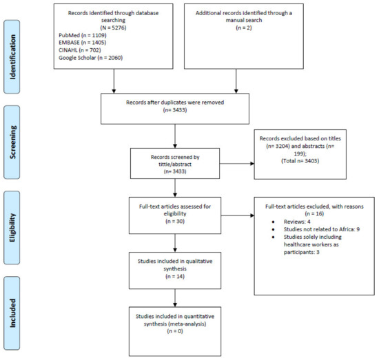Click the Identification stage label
click(12, 57)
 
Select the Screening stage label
click(12, 142)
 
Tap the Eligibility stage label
click(12, 228)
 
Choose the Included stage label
click(12, 313)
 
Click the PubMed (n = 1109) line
click(83, 35)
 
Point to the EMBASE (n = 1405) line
click(83, 43)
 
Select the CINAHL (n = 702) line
click(80, 50)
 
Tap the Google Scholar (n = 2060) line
click(91, 58)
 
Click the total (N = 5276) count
click(114, 28)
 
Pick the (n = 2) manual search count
click(244, 28)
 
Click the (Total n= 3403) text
click(300, 161)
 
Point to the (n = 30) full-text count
click(175, 221)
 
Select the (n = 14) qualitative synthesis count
click(175, 276)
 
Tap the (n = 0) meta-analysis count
click(175, 331)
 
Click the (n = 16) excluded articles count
click(314, 213)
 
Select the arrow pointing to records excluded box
click(237, 164)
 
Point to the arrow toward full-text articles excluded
click(238, 215)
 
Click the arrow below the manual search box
click(236, 81)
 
